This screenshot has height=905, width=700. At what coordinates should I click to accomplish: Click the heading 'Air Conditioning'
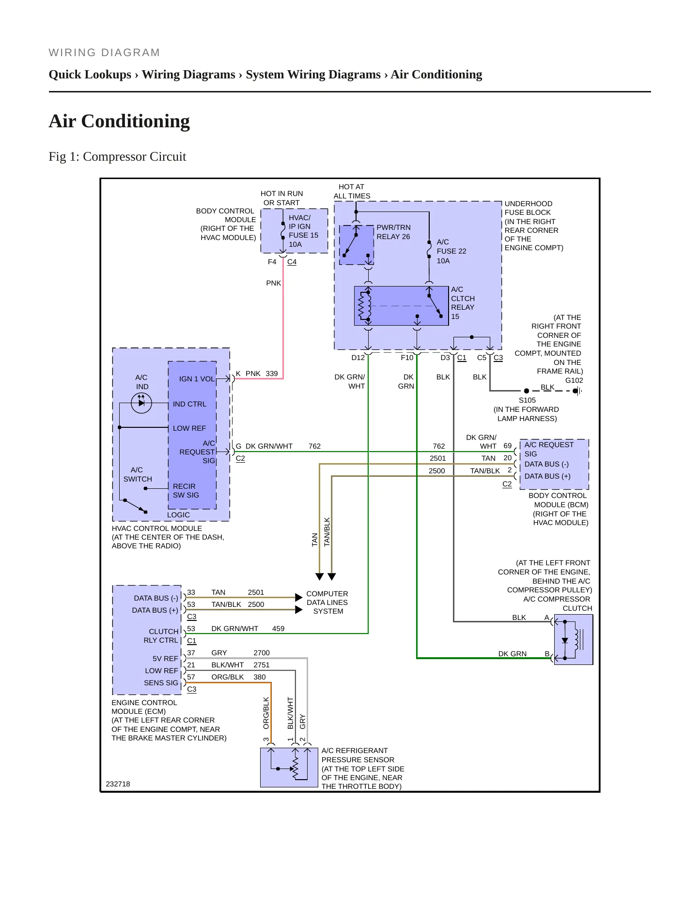pos(119,121)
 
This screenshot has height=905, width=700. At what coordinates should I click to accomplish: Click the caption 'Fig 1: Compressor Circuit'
pos(117,156)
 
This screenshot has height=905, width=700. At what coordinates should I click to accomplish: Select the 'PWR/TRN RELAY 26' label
pos(393,232)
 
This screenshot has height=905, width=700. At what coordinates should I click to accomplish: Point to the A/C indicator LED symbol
pos(141,403)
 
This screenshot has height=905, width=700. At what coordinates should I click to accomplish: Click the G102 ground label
pos(574,380)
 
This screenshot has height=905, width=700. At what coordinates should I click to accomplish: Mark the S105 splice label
pos(527,400)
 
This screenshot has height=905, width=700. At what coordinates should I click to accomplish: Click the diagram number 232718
pos(118,784)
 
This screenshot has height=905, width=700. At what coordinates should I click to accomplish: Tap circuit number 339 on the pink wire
pos(272,374)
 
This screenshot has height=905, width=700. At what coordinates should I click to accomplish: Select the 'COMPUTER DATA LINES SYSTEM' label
pos(327,603)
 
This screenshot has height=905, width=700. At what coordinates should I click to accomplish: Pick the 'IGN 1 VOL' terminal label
pos(197,379)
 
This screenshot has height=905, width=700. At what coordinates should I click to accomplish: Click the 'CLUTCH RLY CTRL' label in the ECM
pos(161,636)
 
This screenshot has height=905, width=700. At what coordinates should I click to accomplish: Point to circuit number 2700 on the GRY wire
pos(262,653)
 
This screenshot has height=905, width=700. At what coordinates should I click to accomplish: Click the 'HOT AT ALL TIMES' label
pos(352,191)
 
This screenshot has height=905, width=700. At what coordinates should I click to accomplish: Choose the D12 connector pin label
pos(358,358)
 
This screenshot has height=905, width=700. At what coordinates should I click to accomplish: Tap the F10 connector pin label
pos(407,358)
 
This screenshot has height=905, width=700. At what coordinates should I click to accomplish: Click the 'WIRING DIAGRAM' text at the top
pos(104,53)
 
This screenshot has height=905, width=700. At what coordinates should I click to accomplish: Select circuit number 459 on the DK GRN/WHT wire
pos(278,629)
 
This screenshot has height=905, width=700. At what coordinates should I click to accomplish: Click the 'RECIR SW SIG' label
pos(186,491)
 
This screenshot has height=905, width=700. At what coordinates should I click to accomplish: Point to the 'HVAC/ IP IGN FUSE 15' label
pos(304,226)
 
